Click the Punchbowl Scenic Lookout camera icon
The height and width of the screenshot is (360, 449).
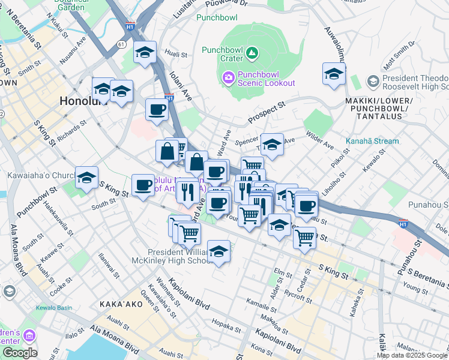[228, 77]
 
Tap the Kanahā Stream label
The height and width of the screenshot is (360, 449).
[372, 142]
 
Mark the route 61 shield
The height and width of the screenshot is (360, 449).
[122, 44]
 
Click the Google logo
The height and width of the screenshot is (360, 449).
[20, 353]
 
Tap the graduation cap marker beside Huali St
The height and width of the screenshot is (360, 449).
[145, 53]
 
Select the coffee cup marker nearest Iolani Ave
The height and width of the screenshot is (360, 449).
[157, 110]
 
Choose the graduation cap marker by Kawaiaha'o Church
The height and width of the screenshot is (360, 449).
[86, 178]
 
